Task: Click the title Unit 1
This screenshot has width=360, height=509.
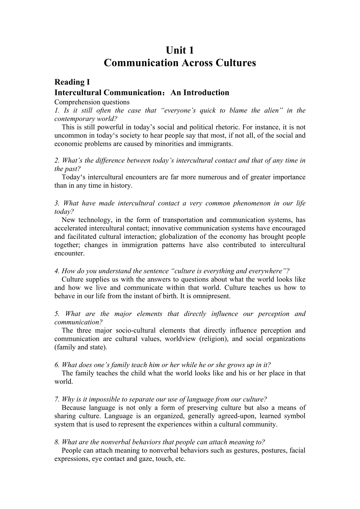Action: click(x=180, y=50)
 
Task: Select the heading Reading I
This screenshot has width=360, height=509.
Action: click(x=72, y=82)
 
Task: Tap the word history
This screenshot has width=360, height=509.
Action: click(x=121, y=186)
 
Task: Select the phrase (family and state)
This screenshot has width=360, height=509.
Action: click(x=81, y=347)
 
